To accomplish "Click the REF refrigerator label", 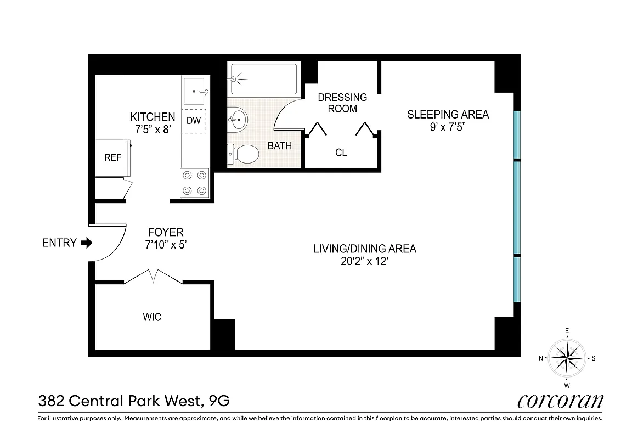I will tap(112, 157).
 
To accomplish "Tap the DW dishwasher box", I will tap(194, 121).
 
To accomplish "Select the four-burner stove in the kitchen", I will tap(195, 183).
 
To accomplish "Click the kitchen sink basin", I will tap(195, 91).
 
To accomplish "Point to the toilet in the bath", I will tap(243, 154).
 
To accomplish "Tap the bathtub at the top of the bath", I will tap(263, 79).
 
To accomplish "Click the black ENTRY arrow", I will tap(87, 243).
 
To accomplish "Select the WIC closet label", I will tap(152, 317).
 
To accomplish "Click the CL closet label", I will tap(341, 153).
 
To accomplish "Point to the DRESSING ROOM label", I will tap(342, 103).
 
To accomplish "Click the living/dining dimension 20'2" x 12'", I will tap(364, 262).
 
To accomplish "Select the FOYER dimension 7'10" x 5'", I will tap(165, 245).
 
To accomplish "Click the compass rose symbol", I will tap(567, 358).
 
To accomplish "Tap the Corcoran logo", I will tap(560, 401).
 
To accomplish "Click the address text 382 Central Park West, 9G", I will tap(133, 401).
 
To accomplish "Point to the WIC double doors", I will tap(154, 275).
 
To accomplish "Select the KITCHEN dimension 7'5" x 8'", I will tap(153, 130).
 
